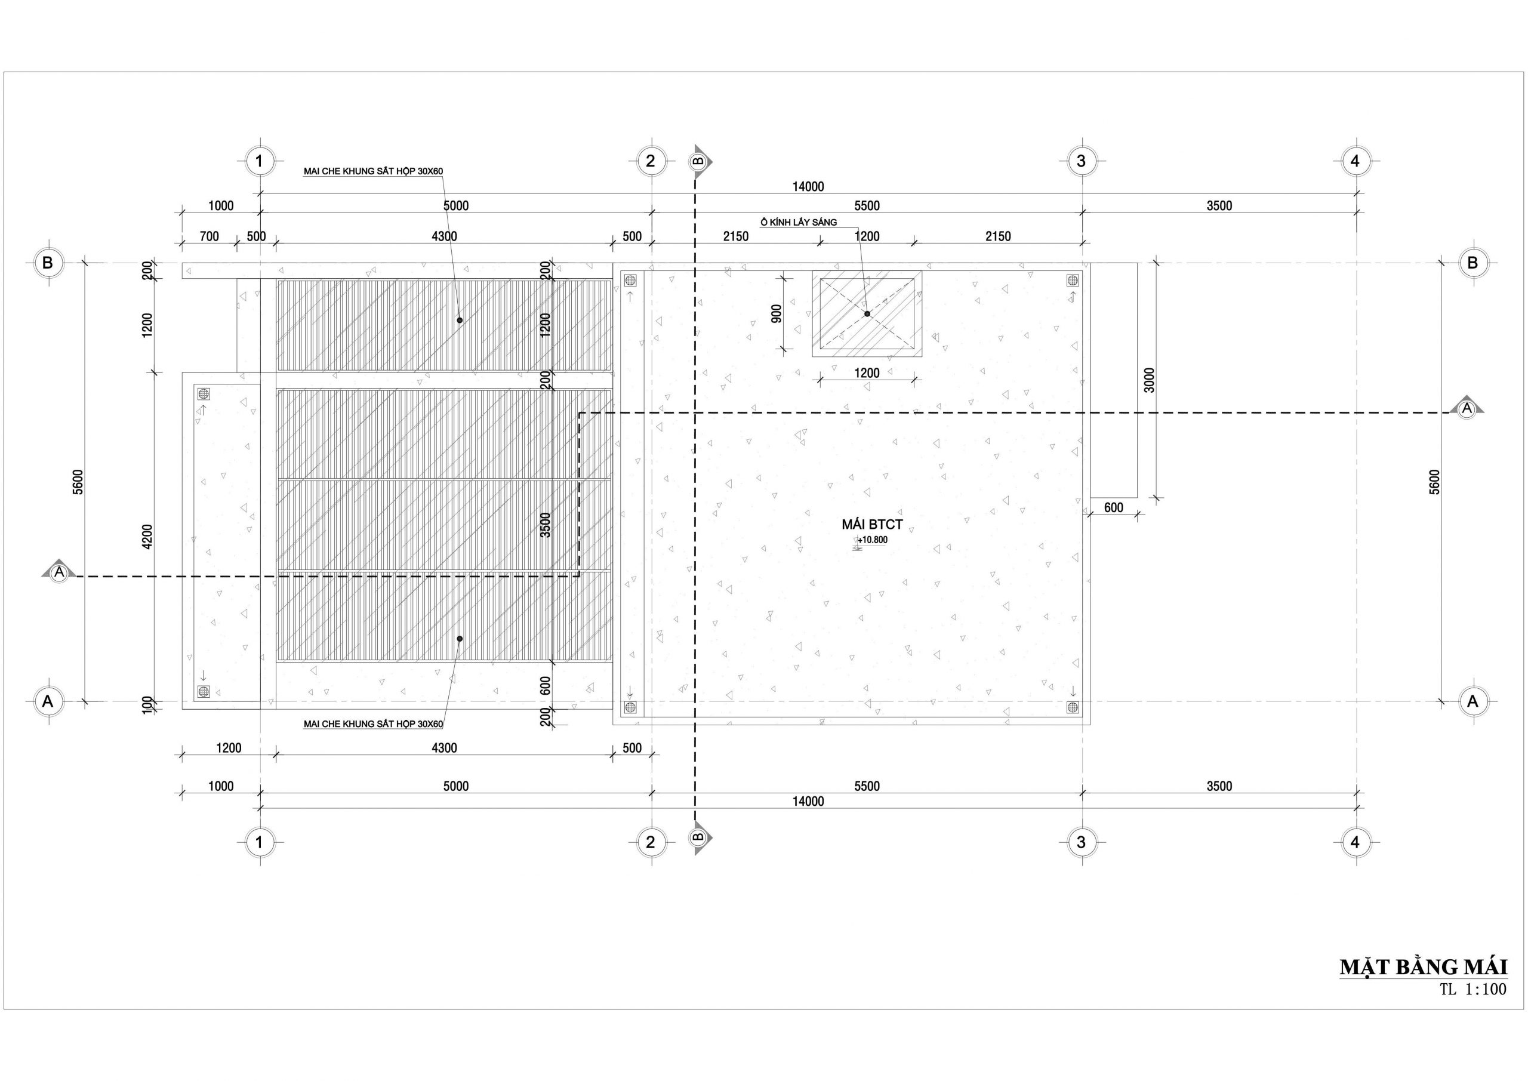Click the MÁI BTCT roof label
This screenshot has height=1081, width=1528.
click(x=872, y=525)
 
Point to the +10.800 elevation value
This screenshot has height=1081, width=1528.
click(x=873, y=540)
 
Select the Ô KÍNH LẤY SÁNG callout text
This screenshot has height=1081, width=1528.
click(x=799, y=222)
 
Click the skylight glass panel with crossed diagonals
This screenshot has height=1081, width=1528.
click(x=867, y=313)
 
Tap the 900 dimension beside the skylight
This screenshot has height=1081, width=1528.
click(x=777, y=313)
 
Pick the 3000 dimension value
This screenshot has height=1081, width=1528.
click(x=1150, y=380)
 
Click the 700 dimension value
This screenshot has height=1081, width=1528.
click(x=209, y=236)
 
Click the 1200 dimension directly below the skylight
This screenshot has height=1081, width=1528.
click(x=867, y=372)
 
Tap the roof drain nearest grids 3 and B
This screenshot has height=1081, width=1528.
click(x=1073, y=280)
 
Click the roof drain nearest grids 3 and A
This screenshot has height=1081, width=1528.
click(x=1073, y=707)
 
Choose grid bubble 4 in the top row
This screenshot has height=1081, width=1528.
click(x=1356, y=161)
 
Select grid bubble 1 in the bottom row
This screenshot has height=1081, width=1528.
click(x=260, y=842)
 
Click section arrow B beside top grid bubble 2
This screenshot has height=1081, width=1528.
click(x=700, y=161)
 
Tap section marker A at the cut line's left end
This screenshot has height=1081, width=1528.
click(x=59, y=570)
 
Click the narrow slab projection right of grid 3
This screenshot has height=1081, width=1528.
click(x=1113, y=380)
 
